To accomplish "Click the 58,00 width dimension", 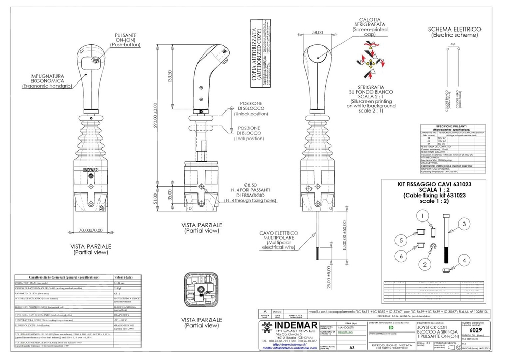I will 318,32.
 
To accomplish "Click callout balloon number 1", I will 422,216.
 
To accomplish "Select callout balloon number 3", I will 464,223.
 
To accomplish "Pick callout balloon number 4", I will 464,261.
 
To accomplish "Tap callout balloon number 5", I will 402,240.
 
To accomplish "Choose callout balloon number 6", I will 402,256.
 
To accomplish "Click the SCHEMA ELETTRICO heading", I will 455,32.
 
